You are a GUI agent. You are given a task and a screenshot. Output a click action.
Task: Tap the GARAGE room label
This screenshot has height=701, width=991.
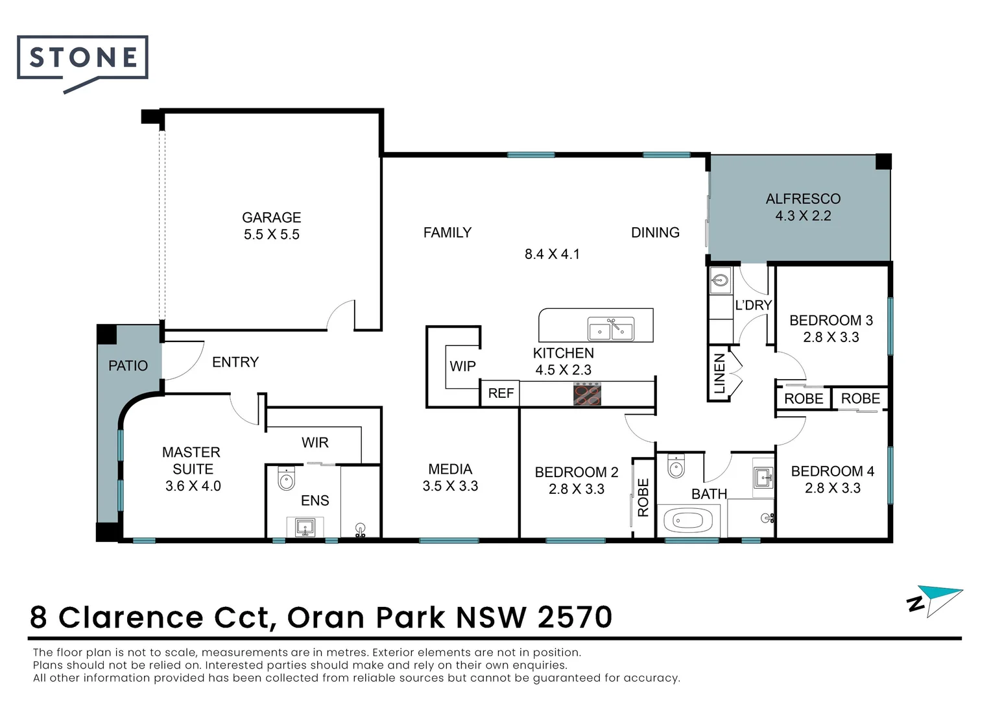[271, 217]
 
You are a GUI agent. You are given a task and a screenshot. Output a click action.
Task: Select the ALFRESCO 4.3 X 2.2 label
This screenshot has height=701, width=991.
[803, 207]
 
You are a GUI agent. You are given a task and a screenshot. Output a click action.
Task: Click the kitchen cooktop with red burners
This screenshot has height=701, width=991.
[587, 394]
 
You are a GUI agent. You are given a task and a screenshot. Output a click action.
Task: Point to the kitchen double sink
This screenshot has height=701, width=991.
[611, 328]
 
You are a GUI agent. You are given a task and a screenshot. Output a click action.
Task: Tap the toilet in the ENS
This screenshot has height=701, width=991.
[286, 478]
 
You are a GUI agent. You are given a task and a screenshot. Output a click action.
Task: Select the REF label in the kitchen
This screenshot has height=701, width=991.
[501, 393]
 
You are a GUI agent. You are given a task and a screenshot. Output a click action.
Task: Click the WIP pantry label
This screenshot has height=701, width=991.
[463, 366]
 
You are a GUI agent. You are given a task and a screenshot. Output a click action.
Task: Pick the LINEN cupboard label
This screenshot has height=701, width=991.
[719, 373]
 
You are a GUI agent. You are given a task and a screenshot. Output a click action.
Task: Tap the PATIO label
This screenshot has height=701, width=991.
[128, 366]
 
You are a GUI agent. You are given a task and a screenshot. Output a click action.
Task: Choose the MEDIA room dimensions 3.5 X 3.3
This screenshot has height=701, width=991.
[450, 486]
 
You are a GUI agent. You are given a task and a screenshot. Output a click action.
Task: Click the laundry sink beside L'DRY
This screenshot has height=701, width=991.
[721, 280]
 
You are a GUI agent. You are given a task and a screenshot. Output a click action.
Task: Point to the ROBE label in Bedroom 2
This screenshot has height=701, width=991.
[643, 497]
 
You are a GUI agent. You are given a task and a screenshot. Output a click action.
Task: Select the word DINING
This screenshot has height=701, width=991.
[655, 232]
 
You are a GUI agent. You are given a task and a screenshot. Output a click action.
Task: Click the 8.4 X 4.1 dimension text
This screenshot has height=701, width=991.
[552, 254]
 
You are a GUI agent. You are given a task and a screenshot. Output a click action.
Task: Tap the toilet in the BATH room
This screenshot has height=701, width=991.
[676, 466]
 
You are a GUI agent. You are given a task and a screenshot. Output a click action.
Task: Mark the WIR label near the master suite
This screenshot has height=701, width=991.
[315, 443]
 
